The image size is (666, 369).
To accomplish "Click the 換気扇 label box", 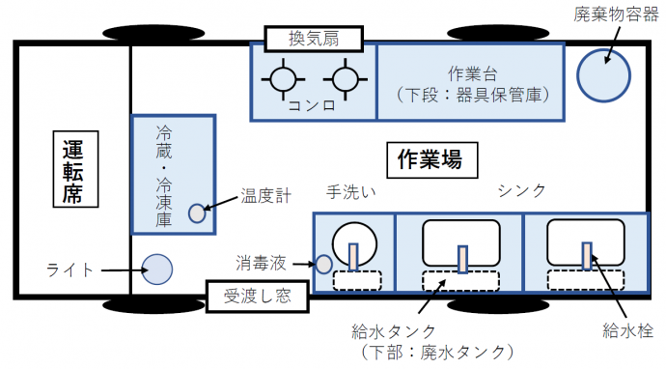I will (x=312, y=40).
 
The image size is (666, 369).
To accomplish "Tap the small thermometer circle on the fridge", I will (x=197, y=213).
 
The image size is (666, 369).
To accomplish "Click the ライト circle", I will (x=156, y=270).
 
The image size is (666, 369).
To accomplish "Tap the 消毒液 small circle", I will (x=323, y=263).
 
